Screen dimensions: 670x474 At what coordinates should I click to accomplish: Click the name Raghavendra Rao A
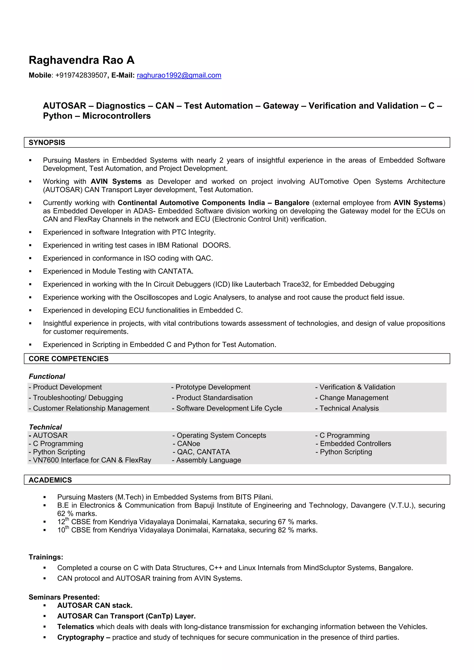point(81,60)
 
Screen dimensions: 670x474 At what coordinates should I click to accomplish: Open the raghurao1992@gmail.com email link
point(179,75)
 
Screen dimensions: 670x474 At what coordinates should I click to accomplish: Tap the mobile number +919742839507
point(81,75)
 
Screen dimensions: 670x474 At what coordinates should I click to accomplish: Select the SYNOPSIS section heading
point(47,142)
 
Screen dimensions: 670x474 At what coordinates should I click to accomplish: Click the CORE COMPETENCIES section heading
point(68,359)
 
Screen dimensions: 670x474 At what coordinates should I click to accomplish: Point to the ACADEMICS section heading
point(50,480)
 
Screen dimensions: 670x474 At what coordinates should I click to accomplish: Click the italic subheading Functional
point(47,377)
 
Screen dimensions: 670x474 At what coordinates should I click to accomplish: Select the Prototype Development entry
point(212,387)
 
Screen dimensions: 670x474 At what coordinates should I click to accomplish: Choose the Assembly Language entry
point(208,460)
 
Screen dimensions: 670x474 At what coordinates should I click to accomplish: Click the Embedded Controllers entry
point(355,444)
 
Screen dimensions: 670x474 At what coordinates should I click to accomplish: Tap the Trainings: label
point(46,557)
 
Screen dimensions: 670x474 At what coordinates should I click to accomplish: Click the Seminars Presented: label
point(64,597)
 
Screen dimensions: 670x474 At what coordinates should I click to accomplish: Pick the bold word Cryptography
point(81,637)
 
